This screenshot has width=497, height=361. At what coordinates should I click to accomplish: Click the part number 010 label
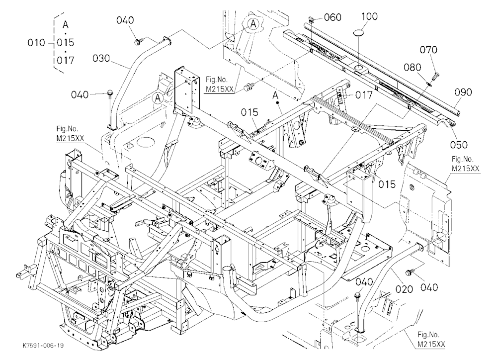pos(36,42)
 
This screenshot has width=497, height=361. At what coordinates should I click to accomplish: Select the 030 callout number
pos(101,58)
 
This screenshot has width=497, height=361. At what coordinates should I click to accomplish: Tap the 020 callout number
pos(404,289)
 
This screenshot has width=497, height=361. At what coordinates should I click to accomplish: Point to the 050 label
pos(459,145)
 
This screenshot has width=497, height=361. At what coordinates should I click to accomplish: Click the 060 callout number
pos(333,17)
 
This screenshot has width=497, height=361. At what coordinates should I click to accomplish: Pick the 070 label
pos(428,50)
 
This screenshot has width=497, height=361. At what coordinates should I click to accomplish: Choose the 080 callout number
pos(413,67)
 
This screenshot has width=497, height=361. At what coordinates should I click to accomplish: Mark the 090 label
pos(463,92)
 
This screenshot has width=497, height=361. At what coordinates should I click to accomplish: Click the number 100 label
pos(369,16)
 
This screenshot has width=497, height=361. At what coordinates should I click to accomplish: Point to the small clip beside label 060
pos(311,21)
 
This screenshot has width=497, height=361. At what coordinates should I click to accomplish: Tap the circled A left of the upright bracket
pos(158,98)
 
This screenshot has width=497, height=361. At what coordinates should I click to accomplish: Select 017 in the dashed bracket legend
pos(66,60)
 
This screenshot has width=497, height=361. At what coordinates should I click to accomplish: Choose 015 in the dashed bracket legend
pos(66,42)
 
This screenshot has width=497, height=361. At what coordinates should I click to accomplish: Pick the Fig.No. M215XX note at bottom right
pos(431,340)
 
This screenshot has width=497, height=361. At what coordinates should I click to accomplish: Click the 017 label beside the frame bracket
pos(364,94)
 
